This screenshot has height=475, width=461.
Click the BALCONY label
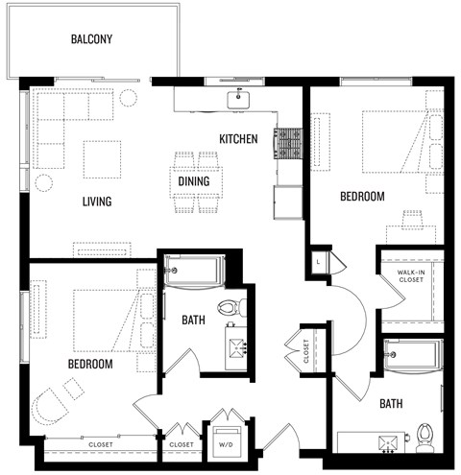[92, 39]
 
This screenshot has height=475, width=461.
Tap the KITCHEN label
[238, 140]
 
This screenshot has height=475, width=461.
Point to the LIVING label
[97, 202]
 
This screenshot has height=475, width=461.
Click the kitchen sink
[235, 99]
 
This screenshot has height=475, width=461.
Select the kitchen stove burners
[287, 143]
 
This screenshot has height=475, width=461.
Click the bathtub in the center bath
[195, 272]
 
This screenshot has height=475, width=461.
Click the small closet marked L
[319, 260]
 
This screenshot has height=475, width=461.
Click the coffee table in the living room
[101, 158]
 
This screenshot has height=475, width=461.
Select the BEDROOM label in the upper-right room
[362, 197]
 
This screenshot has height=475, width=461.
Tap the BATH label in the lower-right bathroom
[390, 404]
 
